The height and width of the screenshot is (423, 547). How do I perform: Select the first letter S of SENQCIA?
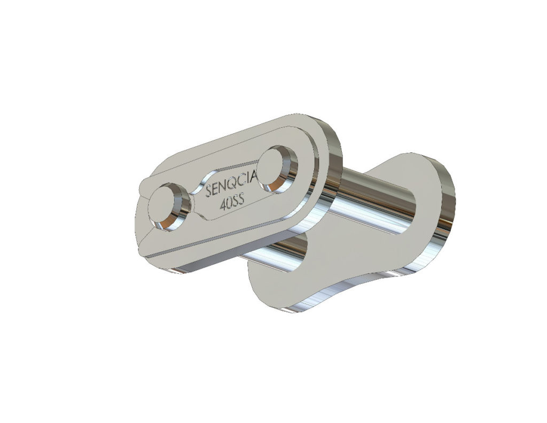209,192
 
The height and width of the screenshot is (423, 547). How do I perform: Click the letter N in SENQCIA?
222,189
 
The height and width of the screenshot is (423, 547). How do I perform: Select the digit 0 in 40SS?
228,204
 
